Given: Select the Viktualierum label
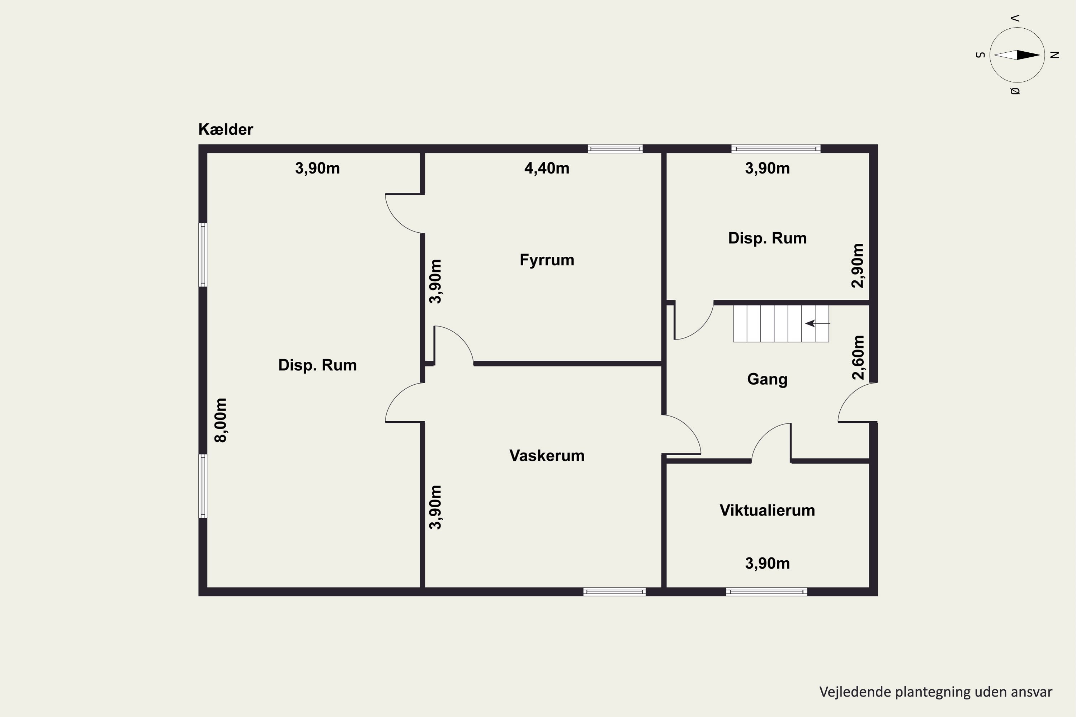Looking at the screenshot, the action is point(767,510).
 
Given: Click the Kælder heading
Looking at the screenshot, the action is point(226,129).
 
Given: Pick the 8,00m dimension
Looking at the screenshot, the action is point(221,420).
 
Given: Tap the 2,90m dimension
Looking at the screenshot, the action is point(858,266).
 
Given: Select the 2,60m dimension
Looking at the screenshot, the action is point(858,357).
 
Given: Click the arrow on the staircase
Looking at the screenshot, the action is point(817,323).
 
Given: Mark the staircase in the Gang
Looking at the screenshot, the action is point(781,324).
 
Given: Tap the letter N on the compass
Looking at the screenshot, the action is point(1054,55).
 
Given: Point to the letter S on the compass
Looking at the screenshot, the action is point(980,55).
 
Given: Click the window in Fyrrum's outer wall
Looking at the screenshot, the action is point(615,149).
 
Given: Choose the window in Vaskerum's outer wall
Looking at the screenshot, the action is point(614,592).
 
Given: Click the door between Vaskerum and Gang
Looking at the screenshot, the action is point(682,435).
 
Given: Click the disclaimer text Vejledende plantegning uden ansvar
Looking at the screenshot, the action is point(935,692).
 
